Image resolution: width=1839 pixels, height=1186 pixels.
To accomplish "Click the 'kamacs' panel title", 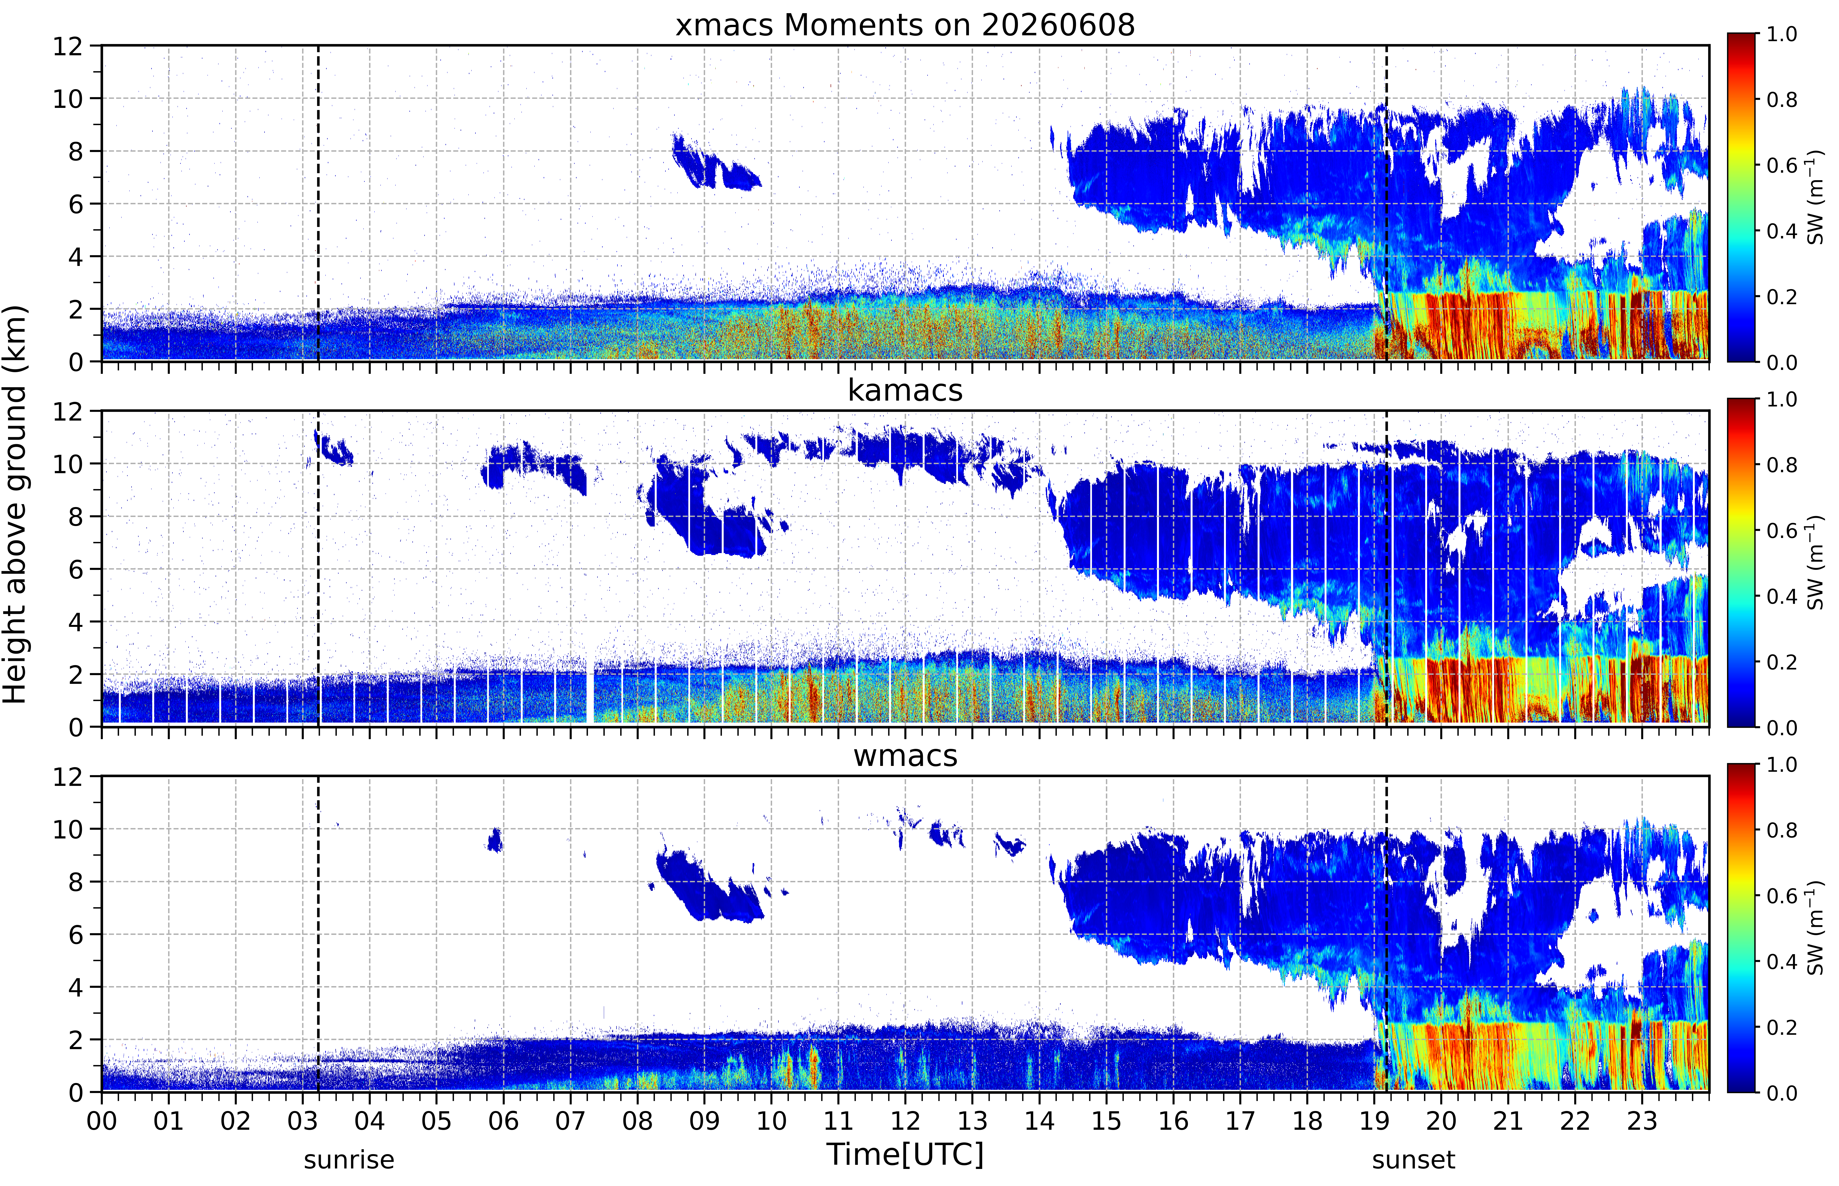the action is [905, 390].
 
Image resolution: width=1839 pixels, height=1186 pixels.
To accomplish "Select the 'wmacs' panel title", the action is [905, 755].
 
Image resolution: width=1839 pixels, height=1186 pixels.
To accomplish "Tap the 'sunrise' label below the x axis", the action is [349, 1159].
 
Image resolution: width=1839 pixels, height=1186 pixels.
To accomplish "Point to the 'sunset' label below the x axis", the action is [1413, 1159].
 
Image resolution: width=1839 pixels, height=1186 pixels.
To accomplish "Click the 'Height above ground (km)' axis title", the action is [15, 504].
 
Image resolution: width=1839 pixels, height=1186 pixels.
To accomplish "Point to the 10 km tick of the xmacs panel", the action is [68, 99].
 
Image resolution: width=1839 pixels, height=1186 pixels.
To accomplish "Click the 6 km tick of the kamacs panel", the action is [76, 569].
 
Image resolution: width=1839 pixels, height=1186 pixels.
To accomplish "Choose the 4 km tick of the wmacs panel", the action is [76, 987].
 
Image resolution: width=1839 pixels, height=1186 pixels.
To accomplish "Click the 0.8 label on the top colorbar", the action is [1781, 99].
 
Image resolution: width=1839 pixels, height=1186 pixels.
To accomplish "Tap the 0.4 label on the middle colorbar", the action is [1781, 596].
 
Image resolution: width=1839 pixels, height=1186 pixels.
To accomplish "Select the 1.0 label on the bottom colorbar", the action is [1781, 765].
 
